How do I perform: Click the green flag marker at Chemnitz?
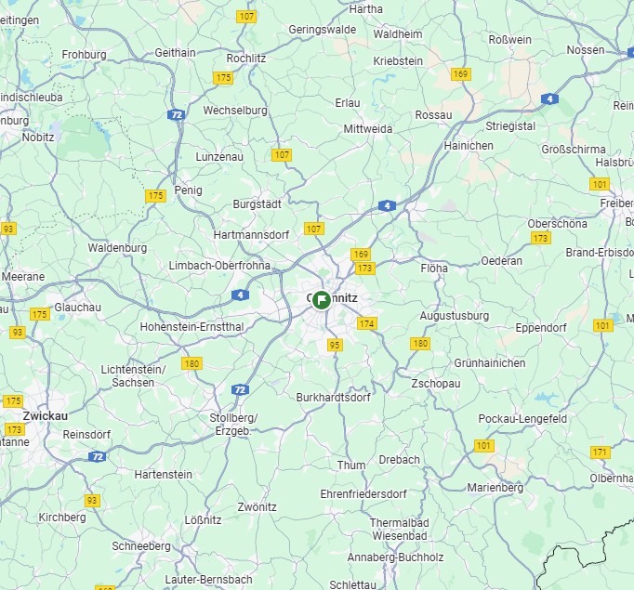point(321,299)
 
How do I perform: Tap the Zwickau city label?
point(46,415)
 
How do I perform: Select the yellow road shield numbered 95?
point(335,345)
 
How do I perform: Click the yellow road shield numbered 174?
point(367,323)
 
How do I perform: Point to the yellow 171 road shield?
point(600,452)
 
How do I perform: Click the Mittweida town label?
point(368,128)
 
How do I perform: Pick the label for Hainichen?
point(469,146)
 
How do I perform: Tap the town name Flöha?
point(434,268)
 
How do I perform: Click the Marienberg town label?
point(495,487)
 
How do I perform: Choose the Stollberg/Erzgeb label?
point(233,424)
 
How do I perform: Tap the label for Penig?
point(189,189)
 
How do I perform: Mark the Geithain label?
point(175,53)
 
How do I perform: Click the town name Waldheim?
point(398,33)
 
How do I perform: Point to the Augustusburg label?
point(455,316)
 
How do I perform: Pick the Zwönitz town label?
point(257,507)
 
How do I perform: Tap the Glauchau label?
point(78,307)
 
